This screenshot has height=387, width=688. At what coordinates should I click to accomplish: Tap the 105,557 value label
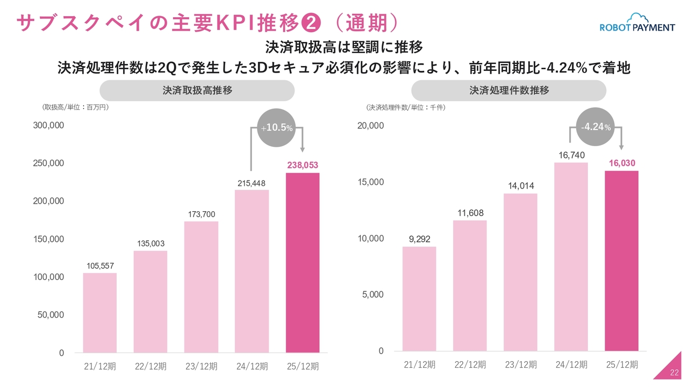(100, 266)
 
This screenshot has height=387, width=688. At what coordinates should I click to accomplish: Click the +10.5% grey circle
(277, 127)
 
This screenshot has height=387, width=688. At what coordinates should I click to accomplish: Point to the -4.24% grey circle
(596, 127)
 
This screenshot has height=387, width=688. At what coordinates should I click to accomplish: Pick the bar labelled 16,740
(571, 256)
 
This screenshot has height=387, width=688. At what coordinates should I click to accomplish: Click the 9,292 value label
(419, 239)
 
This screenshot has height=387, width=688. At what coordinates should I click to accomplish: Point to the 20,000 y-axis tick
(371, 125)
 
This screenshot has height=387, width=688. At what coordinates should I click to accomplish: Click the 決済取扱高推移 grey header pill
(197, 90)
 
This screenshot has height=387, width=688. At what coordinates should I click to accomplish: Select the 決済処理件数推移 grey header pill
(509, 90)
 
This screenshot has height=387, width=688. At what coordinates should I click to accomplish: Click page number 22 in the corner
(675, 373)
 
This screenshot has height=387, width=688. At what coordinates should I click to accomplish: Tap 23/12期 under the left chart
(201, 367)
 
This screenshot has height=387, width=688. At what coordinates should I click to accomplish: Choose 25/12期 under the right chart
(622, 364)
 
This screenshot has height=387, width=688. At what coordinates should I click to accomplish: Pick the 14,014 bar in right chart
(520, 272)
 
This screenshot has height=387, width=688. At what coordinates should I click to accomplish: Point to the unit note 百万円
(97, 107)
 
